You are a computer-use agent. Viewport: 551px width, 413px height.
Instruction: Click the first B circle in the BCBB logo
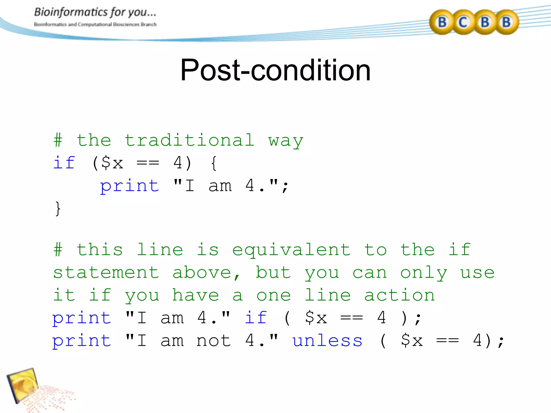click(x=442, y=22)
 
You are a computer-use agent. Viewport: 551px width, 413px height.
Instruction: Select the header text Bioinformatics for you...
click(x=95, y=12)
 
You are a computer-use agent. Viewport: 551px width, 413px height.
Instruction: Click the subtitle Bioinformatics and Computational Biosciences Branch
click(x=95, y=24)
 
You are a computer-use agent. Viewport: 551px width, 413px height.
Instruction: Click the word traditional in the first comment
click(x=189, y=140)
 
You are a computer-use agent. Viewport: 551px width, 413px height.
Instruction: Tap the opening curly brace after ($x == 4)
click(x=214, y=163)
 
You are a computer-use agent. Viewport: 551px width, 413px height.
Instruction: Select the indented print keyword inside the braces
click(x=130, y=186)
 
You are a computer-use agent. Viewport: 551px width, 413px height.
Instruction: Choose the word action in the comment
click(x=400, y=295)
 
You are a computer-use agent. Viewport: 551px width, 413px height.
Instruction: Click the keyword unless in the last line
click(x=327, y=341)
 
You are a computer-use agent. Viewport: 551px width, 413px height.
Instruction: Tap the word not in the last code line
click(x=214, y=341)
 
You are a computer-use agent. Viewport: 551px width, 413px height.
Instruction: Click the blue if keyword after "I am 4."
click(x=256, y=318)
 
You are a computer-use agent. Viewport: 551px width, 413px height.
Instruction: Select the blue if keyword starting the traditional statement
click(x=64, y=163)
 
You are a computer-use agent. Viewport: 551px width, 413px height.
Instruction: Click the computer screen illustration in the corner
click(x=23, y=384)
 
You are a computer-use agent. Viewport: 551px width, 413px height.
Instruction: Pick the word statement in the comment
click(x=106, y=273)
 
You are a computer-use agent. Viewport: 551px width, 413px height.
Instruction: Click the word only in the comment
click(x=424, y=273)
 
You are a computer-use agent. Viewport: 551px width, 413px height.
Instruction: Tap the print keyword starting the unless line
click(x=82, y=341)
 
